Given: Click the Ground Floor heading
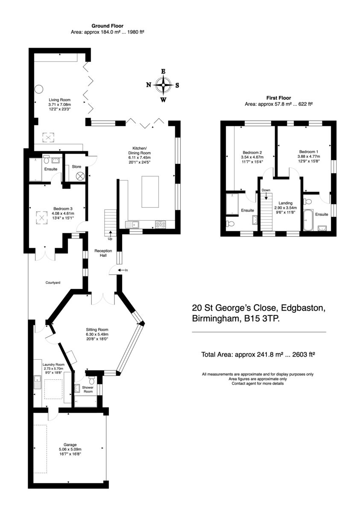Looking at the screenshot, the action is pos(107,26).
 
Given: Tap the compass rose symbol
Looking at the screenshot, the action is pos(163,85).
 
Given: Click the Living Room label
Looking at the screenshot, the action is pos(59,100).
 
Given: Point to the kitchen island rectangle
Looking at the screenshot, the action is pos(150,192).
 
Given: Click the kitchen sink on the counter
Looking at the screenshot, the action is pos(132,225).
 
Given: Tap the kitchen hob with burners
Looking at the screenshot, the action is pos(161,224).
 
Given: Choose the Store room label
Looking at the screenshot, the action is pos(76,167).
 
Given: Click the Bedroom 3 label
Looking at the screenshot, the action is pos(63,209).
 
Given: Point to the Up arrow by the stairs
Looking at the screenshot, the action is pos(111,234).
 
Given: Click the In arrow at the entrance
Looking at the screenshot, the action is pos(121,270).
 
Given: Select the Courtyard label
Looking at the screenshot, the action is pos(53,283).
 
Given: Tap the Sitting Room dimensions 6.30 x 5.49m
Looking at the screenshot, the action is pos(97,334).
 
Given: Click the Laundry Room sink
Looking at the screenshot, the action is pos(37,382).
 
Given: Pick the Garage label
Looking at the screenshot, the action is pos(70,445).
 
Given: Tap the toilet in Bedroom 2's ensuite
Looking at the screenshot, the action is pos(231,223).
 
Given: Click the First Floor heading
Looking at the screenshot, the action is pos(278,98).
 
